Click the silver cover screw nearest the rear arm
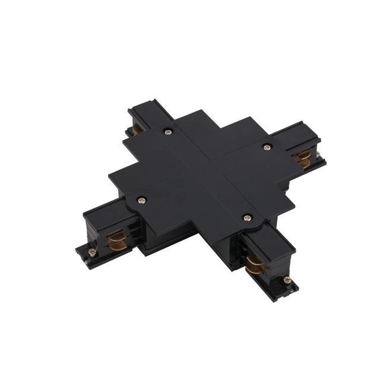[169, 131]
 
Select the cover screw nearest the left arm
[141, 200]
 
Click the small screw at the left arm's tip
[91, 252]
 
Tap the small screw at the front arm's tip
[287, 280]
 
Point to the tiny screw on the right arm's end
[319, 156]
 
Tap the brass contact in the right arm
[303, 158]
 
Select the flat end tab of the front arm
[291, 290]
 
